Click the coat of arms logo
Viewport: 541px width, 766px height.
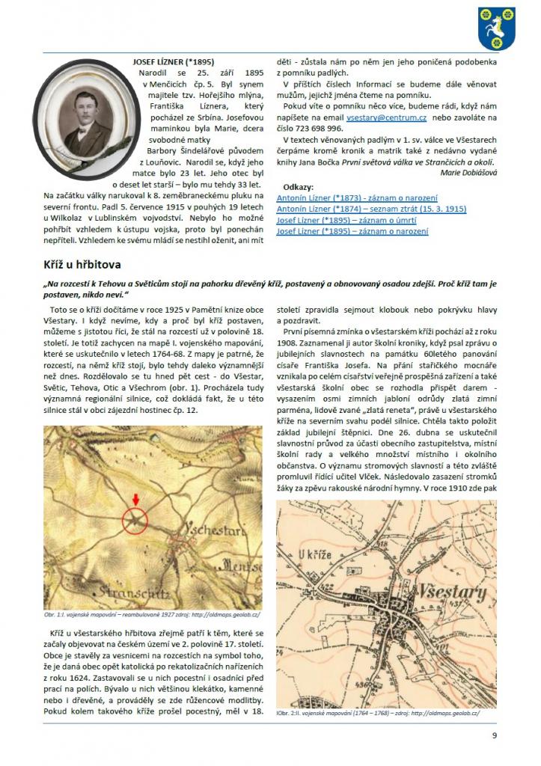tap(497, 28)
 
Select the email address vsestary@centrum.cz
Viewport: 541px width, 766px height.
tap(383, 118)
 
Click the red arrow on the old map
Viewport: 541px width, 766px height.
tap(135, 499)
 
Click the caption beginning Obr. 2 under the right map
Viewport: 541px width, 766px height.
tap(377, 713)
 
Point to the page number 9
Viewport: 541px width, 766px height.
tap(494, 735)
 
